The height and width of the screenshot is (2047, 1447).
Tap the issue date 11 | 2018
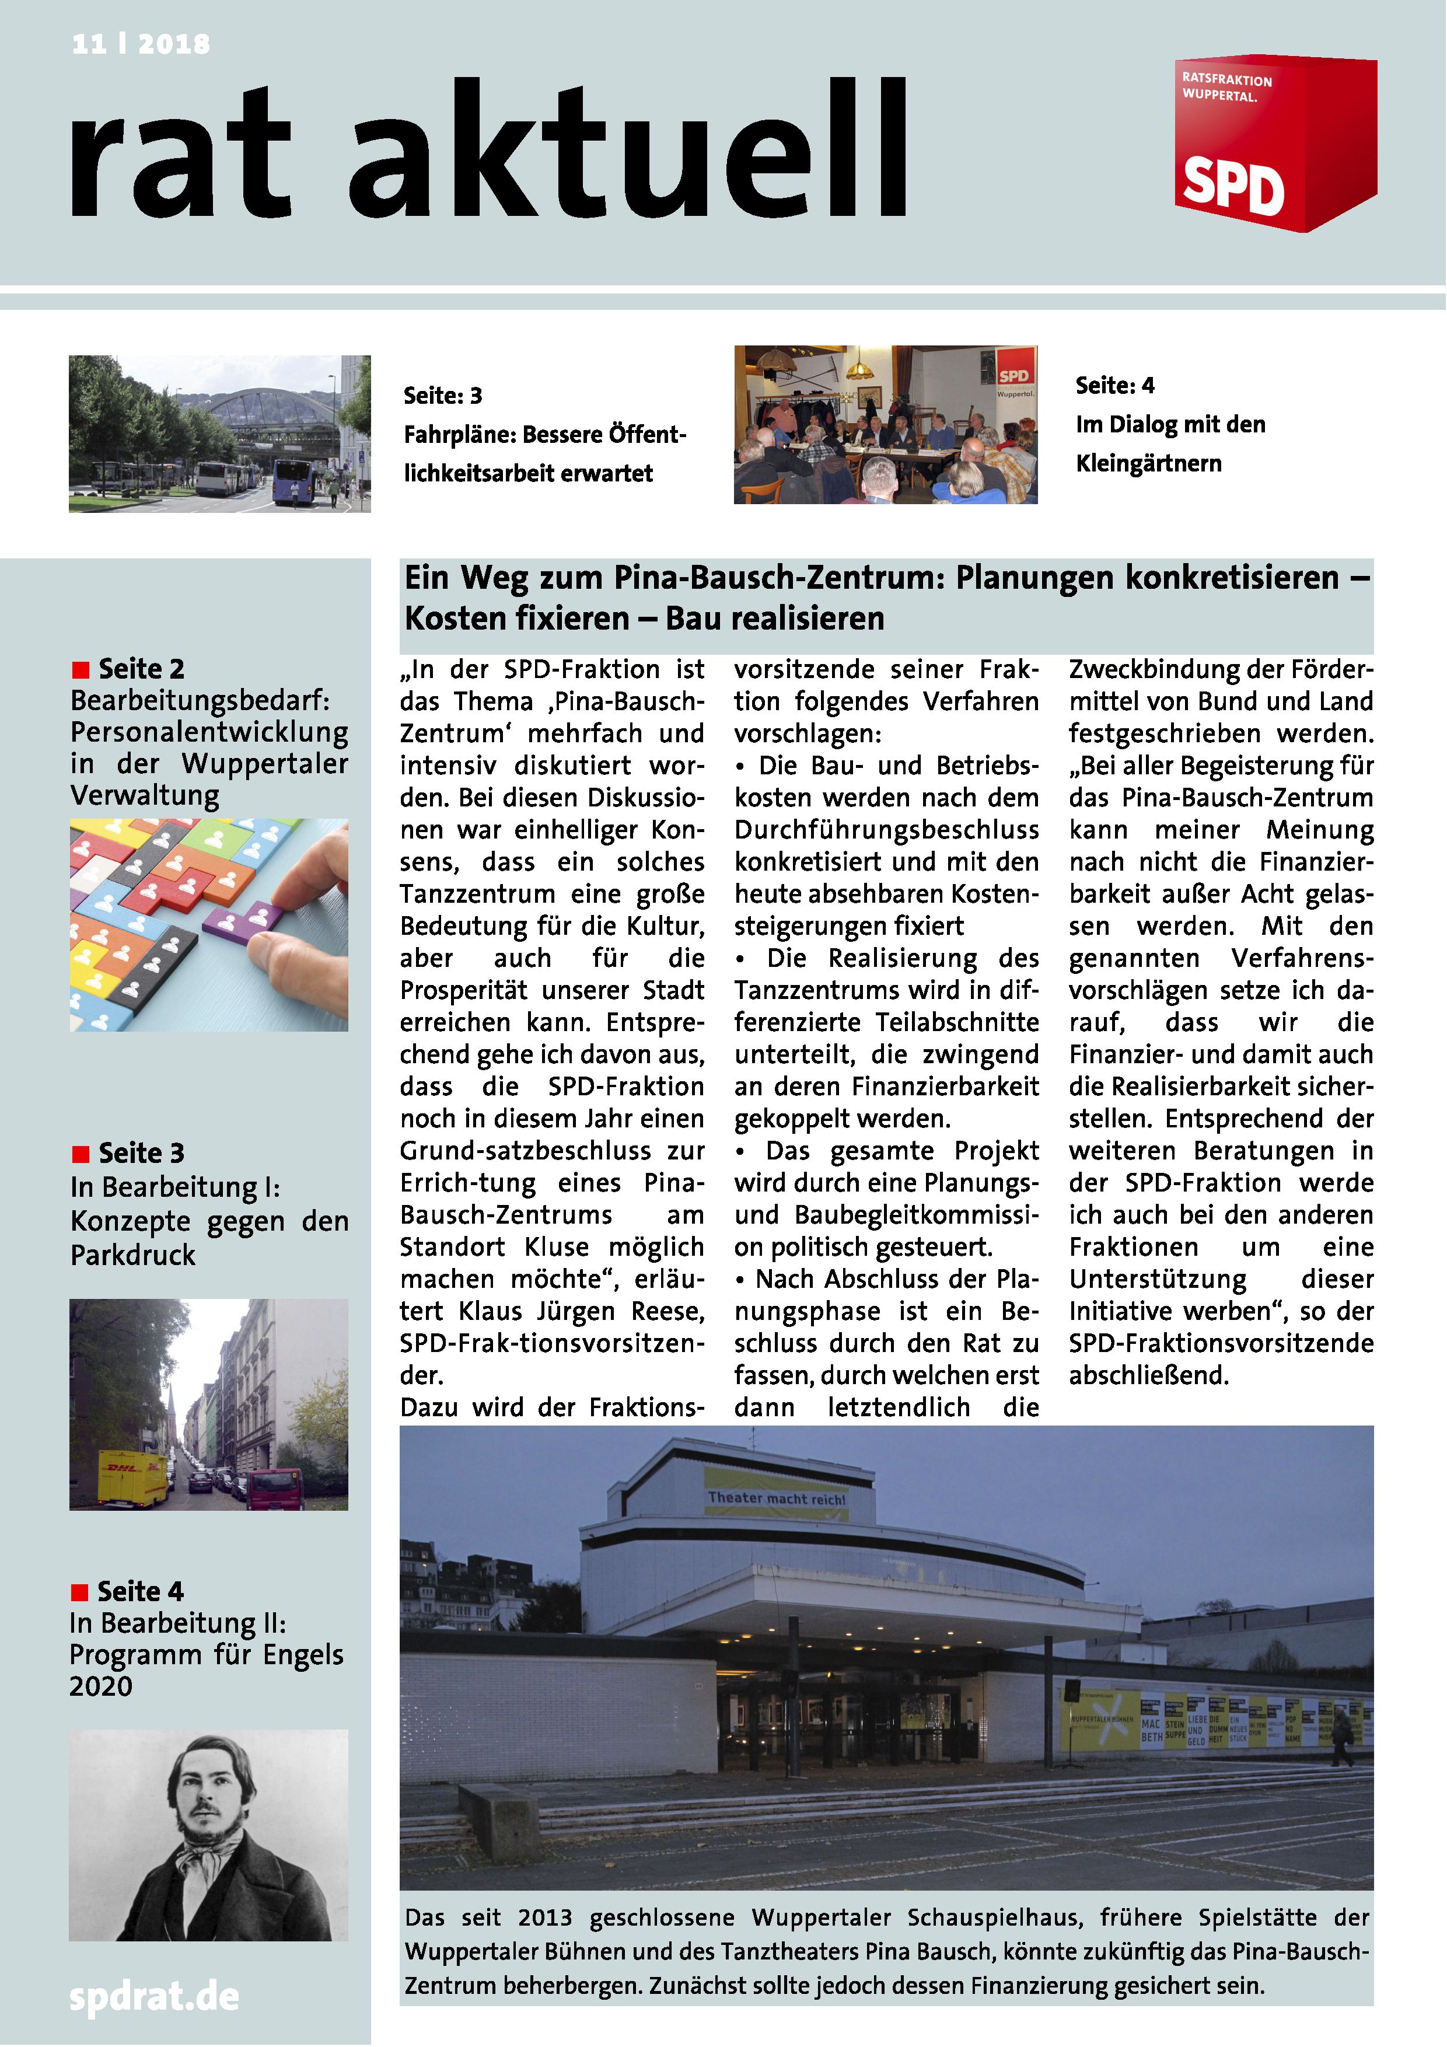point(141,44)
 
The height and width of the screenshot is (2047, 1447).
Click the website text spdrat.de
point(154,1996)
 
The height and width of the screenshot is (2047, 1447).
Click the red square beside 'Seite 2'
point(81,669)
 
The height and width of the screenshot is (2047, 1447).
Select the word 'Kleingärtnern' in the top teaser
point(1148,463)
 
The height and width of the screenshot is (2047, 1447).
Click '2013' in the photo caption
point(545,1917)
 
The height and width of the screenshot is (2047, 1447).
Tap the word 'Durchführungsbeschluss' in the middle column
point(886,830)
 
